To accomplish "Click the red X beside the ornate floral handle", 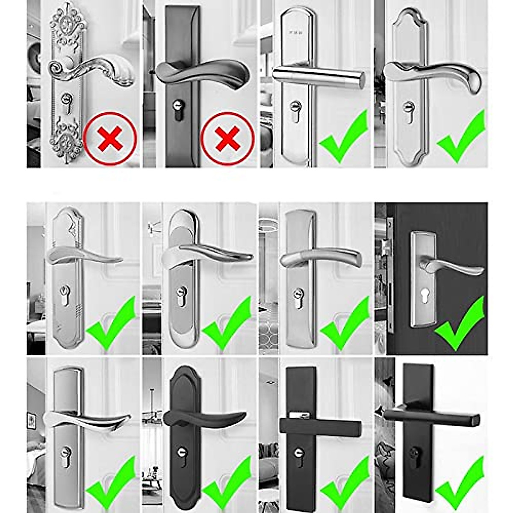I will tap(110, 139).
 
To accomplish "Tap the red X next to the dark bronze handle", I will tap(227, 139).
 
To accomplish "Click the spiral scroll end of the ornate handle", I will tap(56, 68).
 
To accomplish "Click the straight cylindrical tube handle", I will tap(318, 77).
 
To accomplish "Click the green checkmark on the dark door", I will tap(460, 325).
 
